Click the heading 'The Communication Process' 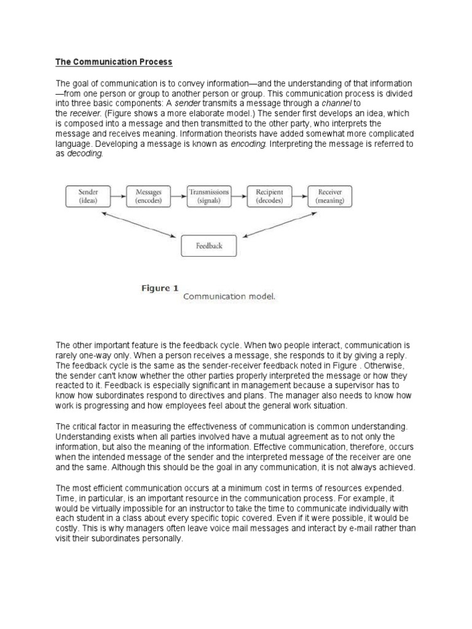[x=114, y=62]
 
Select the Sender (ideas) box [x=88, y=196]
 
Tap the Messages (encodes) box [x=147, y=196]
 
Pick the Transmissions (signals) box [x=208, y=196]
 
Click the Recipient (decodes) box [x=269, y=196]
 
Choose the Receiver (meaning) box [x=329, y=196]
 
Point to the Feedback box [x=209, y=246]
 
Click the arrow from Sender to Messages [x=118, y=196]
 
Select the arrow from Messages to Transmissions [x=178, y=196]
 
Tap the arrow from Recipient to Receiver [x=299, y=196]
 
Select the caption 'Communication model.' [x=229, y=296]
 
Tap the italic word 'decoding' [x=85, y=154]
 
